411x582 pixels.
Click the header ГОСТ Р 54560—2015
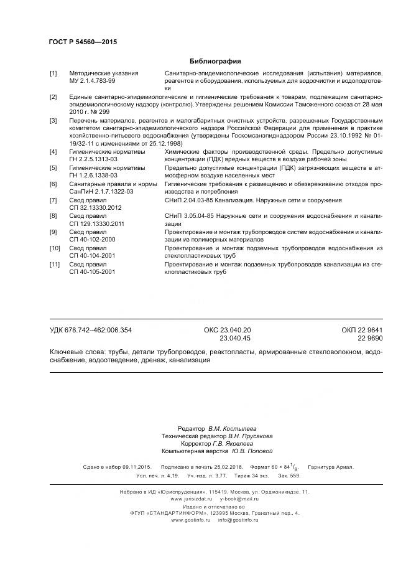coord(83,42)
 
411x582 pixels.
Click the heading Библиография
coord(215,61)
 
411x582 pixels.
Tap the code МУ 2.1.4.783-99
coord(92,81)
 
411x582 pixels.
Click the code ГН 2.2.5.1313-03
coord(95,159)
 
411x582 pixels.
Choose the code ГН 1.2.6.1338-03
coord(95,176)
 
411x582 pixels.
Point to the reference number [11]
coord(54,264)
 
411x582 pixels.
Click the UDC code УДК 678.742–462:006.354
coord(91,330)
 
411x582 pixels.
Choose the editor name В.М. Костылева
coord(231,429)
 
